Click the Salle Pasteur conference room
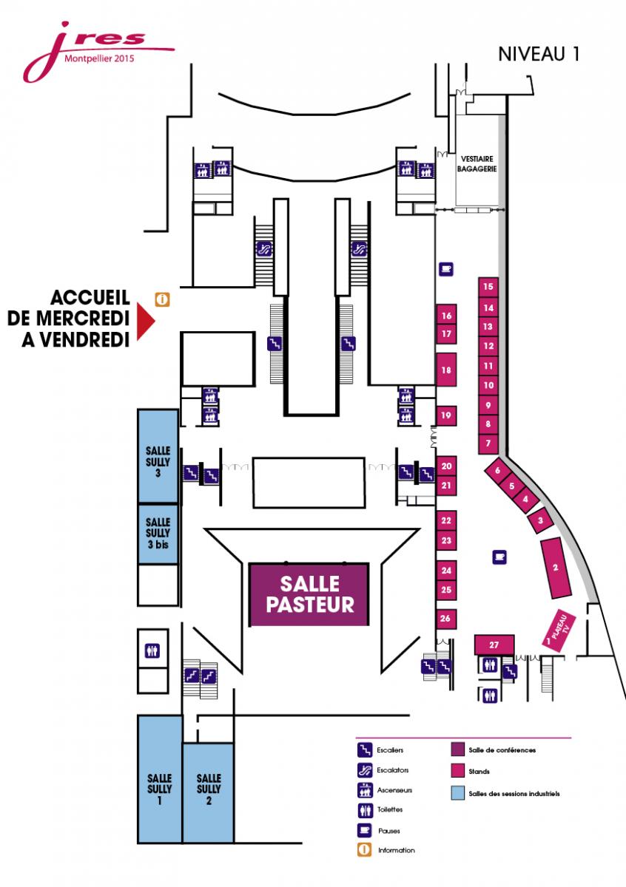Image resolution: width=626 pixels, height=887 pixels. pyautogui.click(x=309, y=594)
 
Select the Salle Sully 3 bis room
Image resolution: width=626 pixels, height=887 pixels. pyautogui.click(x=158, y=534)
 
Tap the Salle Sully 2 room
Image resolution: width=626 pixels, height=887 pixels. pyautogui.click(x=208, y=793)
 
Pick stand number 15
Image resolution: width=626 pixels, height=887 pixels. pyautogui.click(x=488, y=287)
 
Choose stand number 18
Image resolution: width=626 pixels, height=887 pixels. pyautogui.click(x=446, y=370)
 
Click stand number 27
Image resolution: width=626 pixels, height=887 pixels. pyautogui.click(x=494, y=645)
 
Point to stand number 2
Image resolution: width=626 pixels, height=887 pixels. pyautogui.click(x=556, y=568)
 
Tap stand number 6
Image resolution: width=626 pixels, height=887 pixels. pyautogui.click(x=498, y=470)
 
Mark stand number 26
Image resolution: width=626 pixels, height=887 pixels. pyautogui.click(x=446, y=619)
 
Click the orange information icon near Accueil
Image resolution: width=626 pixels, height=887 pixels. pyautogui.click(x=162, y=299)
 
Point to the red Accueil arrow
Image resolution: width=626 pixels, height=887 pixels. pyautogui.click(x=146, y=322)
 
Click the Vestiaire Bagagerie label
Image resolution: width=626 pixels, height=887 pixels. pyautogui.click(x=477, y=164)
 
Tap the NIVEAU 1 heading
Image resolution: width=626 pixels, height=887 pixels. pyautogui.click(x=539, y=54)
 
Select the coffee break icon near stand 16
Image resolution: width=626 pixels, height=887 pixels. pyautogui.click(x=446, y=269)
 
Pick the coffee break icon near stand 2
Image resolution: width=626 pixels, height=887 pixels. pyautogui.click(x=499, y=557)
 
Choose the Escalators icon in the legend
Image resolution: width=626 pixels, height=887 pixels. pyautogui.click(x=365, y=770)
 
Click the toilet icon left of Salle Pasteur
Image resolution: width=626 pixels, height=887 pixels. pyautogui.click(x=152, y=650)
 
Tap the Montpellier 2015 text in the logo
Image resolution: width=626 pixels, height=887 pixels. pyautogui.click(x=99, y=58)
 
